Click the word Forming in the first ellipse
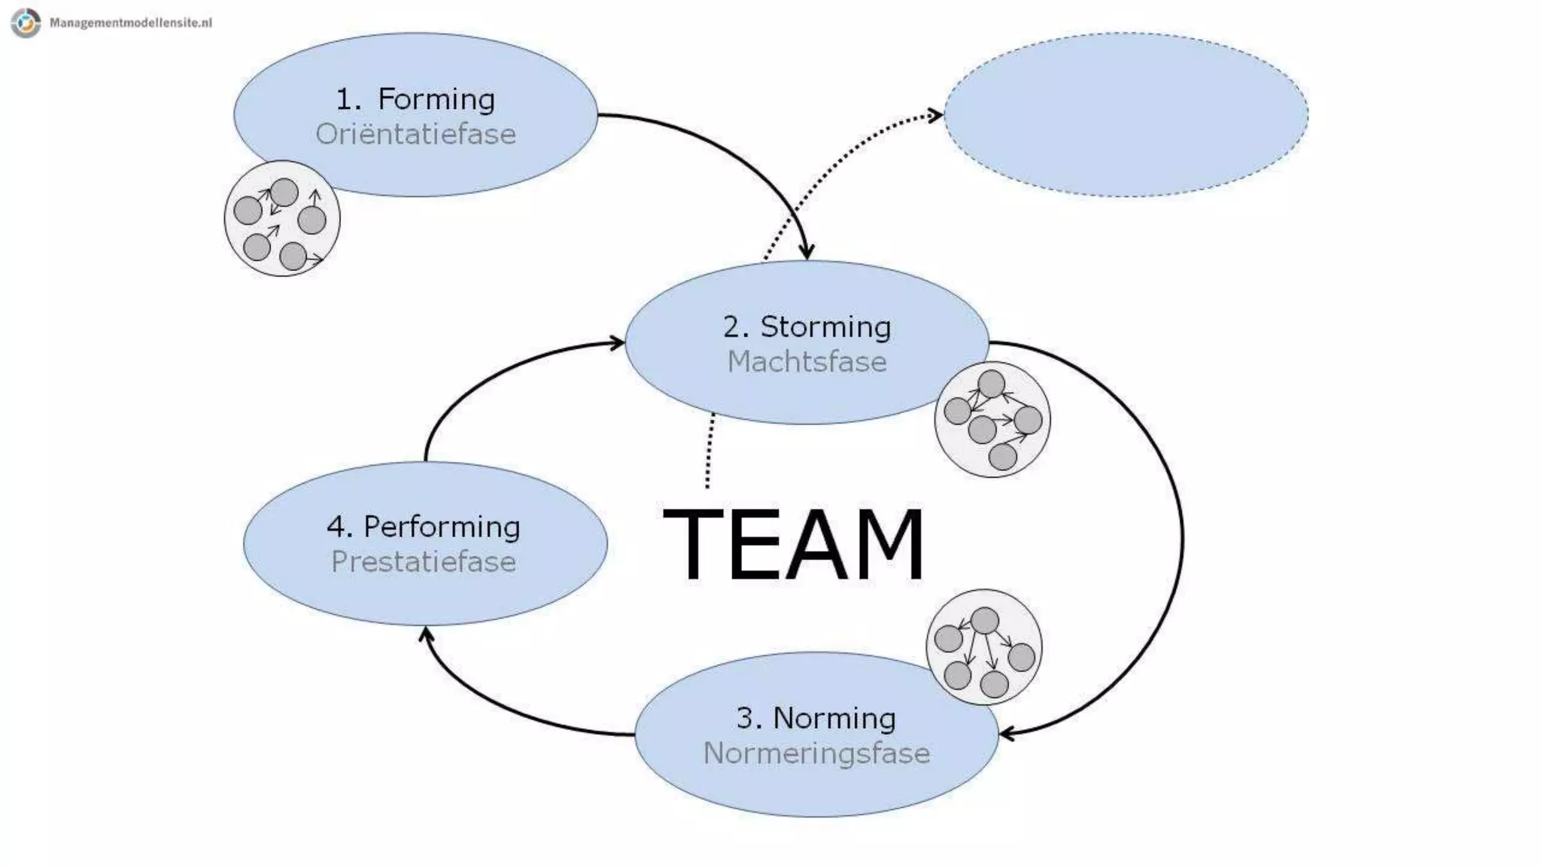pyautogui.click(x=436, y=99)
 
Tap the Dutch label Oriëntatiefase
pyautogui.click(x=415, y=134)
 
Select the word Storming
pyautogui.click(x=825, y=327)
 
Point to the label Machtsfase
pyautogui.click(x=807, y=362)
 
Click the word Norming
pyautogui.click(x=834, y=718)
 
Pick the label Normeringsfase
pyautogui.click(x=816, y=753)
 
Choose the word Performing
pyautogui.click(x=442, y=527)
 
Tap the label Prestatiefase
pyautogui.click(x=424, y=562)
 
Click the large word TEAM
pyautogui.click(x=793, y=543)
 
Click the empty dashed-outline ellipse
pyautogui.click(x=1126, y=114)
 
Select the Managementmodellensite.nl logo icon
pyautogui.click(x=26, y=23)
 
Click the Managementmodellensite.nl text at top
pyautogui.click(x=130, y=23)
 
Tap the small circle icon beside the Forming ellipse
pyautogui.click(x=282, y=218)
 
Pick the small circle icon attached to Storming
pyautogui.click(x=992, y=419)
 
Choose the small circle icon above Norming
pyautogui.click(x=983, y=646)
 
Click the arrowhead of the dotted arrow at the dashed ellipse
pyautogui.click(x=935, y=115)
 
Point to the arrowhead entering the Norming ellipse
pyautogui.click(x=1007, y=733)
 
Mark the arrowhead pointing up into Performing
pyautogui.click(x=426, y=634)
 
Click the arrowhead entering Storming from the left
pyautogui.click(x=617, y=343)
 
